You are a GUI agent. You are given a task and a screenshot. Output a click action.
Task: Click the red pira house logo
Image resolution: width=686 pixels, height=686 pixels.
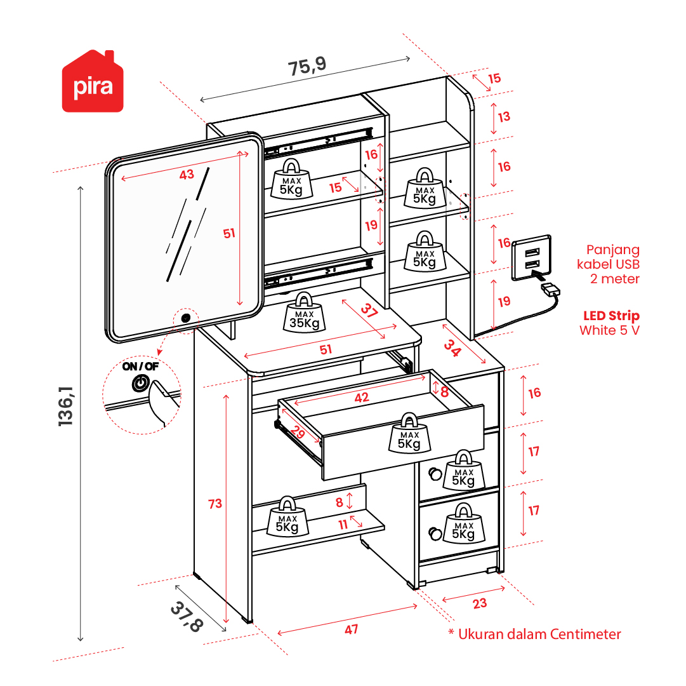pos(93,83)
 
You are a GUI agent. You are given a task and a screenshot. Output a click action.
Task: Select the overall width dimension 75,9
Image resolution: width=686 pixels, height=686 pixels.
pos(307,66)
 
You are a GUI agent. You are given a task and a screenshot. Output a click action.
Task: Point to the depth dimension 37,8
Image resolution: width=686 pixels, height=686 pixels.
pos(187,616)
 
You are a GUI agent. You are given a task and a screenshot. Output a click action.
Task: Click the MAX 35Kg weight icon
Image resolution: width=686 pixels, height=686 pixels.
pos(304,314)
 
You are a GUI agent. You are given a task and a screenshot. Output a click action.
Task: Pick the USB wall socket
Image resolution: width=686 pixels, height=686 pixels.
pos(531,257)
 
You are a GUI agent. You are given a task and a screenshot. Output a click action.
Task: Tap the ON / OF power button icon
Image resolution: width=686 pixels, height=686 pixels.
pos(140,383)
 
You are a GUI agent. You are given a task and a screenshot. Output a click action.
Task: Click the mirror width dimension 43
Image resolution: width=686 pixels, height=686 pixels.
pos(187,175)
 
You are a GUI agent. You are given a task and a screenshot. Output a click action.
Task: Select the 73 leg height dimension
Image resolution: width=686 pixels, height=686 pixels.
pos(215,504)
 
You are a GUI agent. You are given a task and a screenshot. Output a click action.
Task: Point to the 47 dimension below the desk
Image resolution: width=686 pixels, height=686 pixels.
pos(352,629)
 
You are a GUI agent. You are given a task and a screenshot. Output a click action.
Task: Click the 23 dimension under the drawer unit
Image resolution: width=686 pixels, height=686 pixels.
pos(480,603)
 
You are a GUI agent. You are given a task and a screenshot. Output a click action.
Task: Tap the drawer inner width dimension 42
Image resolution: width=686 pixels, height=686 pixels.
pos(361,398)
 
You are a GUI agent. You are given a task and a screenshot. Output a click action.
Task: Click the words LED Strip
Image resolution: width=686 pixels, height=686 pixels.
pos(611,316)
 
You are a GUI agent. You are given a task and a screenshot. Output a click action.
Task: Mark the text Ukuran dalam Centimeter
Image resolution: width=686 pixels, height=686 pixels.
pos(539,633)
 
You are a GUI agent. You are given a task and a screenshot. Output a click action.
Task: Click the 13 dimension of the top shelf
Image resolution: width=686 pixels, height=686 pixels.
pos(504,117)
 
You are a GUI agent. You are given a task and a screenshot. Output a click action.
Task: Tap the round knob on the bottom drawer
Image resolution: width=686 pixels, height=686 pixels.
pos(434,532)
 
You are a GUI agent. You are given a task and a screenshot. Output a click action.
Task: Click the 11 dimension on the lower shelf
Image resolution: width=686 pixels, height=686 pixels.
pos(343,525)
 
